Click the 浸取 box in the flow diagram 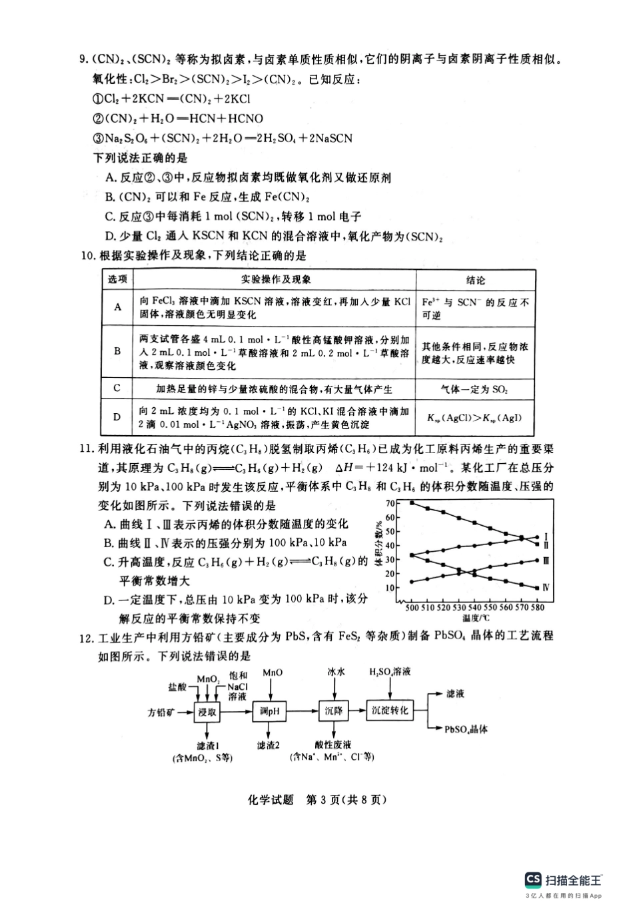(207, 712)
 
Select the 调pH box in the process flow (270, 712)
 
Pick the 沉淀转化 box (390, 711)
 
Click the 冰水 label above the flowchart (336, 672)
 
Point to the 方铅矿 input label (161, 712)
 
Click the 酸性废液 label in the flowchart (333, 744)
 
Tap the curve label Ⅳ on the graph (546, 588)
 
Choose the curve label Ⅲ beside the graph (546, 560)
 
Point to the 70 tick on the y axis (390, 503)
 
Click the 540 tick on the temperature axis (474, 607)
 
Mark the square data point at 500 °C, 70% (412, 502)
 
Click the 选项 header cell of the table (117, 280)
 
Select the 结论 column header (475, 281)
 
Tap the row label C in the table (117, 389)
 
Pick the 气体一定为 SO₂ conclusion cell (475, 389)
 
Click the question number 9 (84, 60)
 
